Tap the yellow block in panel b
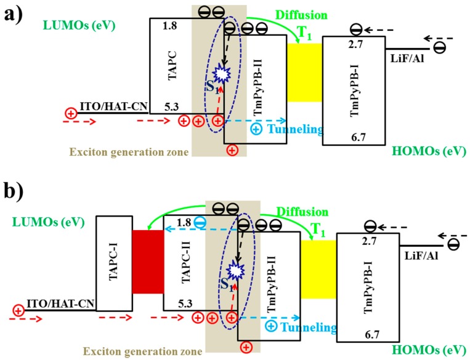(x=318, y=270)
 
